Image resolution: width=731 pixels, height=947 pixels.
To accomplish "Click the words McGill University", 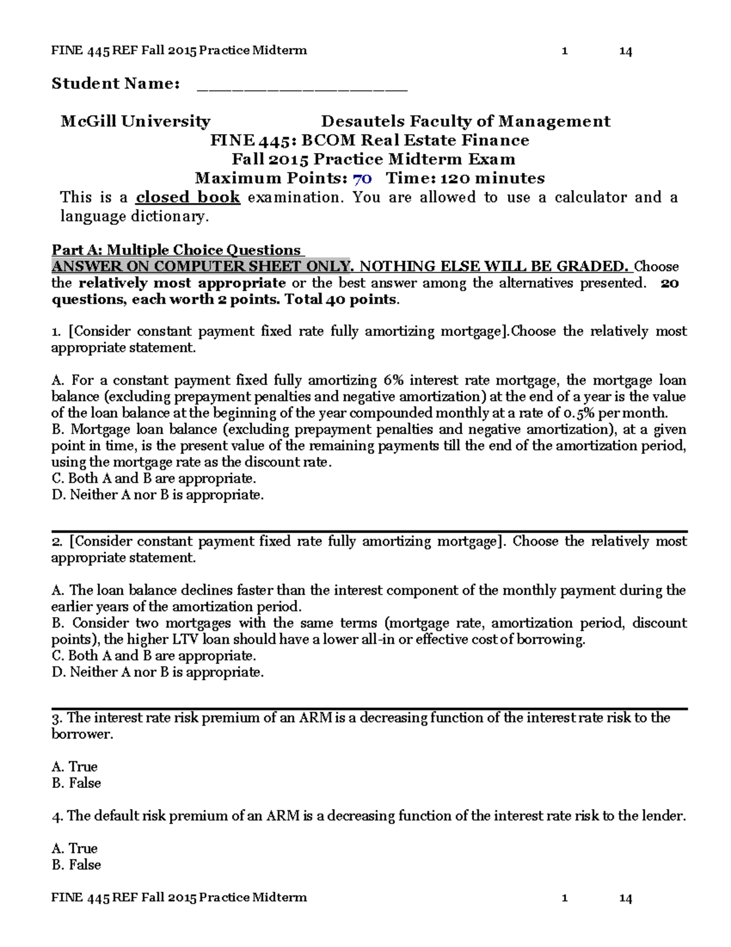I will pyautogui.click(x=135, y=121).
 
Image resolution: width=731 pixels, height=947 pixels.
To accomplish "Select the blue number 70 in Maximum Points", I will pyautogui.click(x=362, y=179).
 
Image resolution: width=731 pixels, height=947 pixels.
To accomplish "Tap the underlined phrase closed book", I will pyautogui.click(x=188, y=198).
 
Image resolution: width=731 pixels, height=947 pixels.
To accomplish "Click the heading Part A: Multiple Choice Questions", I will pyautogui.click(x=177, y=250).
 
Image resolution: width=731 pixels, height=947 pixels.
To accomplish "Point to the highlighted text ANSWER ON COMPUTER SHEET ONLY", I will pyautogui.click(x=201, y=266).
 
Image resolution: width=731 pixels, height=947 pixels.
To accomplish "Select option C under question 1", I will pyautogui.click(x=154, y=479).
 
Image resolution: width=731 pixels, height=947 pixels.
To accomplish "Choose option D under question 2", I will pyautogui.click(x=158, y=672).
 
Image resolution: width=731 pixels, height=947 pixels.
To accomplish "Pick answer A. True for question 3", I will pyautogui.click(x=75, y=767).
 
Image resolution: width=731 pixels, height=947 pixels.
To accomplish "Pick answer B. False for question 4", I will pyautogui.click(x=77, y=865).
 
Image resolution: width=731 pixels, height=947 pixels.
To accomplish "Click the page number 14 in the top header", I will pyautogui.click(x=625, y=51).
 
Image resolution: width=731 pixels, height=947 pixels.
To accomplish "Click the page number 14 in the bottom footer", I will pyautogui.click(x=625, y=898).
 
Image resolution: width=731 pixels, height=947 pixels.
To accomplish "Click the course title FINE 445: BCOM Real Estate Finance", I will pyautogui.click(x=370, y=140).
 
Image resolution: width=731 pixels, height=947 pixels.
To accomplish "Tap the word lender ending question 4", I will pyautogui.click(x=663, y=816).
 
